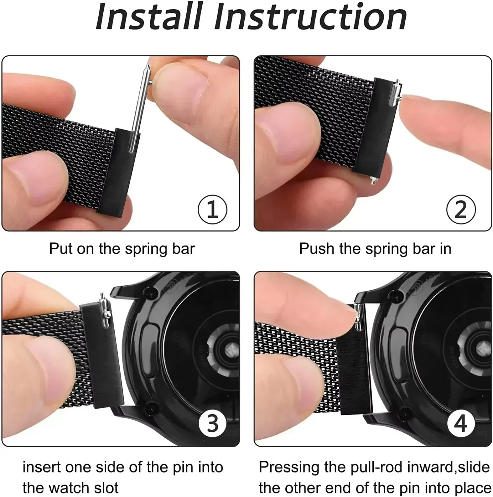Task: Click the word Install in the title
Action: [x=149, y=17]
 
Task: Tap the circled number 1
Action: [x=212, y=210]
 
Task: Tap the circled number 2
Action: [x=461, y=210]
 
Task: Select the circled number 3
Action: [x=212, y=423]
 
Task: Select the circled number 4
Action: [x=461, y=423]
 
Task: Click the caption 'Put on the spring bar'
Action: [x=122, y=248]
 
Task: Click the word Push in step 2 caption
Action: [x=316, y=248]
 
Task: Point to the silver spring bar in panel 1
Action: [x=139, y=109]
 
